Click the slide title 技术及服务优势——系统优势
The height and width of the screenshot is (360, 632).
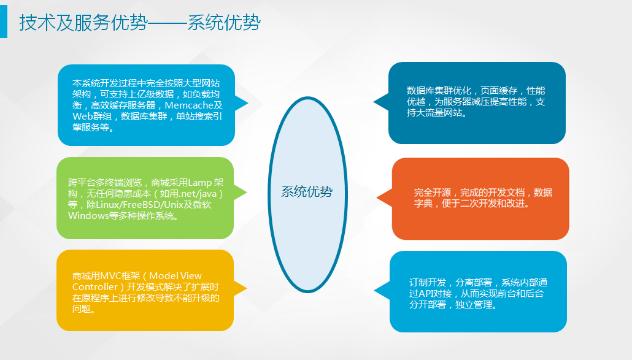point(140,22)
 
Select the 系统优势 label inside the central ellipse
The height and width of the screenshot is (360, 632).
point(307,192)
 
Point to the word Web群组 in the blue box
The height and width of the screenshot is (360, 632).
point(92,117)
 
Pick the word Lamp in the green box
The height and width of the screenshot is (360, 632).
point(200,183)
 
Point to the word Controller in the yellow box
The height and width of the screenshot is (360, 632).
point(94,287)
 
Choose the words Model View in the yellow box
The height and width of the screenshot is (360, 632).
point(175,276)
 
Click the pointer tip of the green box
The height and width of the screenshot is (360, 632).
point(247,193)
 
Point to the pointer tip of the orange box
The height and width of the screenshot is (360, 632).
point(377,197)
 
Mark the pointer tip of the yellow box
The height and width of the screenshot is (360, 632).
point(247,288)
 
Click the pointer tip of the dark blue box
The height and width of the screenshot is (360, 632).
point(374,102)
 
